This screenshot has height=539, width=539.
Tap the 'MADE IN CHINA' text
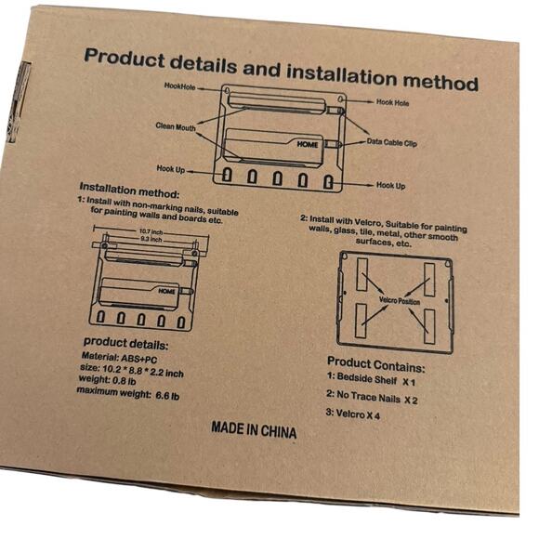tap(254, 431)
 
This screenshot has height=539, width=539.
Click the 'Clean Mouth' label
tap(176, 127)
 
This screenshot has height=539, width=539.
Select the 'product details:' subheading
tap(125, 342)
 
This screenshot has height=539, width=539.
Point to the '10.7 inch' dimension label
tap(151, 231)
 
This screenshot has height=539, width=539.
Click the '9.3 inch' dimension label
tap(151, 240)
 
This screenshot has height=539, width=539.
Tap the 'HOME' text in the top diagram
tap(308, 146)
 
